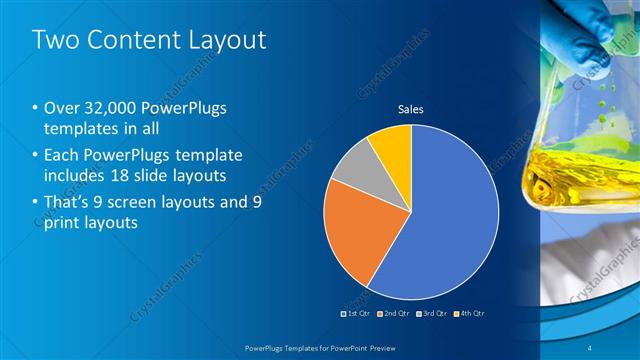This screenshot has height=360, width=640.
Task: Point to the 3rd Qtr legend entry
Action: coord(432,314)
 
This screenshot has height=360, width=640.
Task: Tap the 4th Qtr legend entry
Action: coord(469,314)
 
